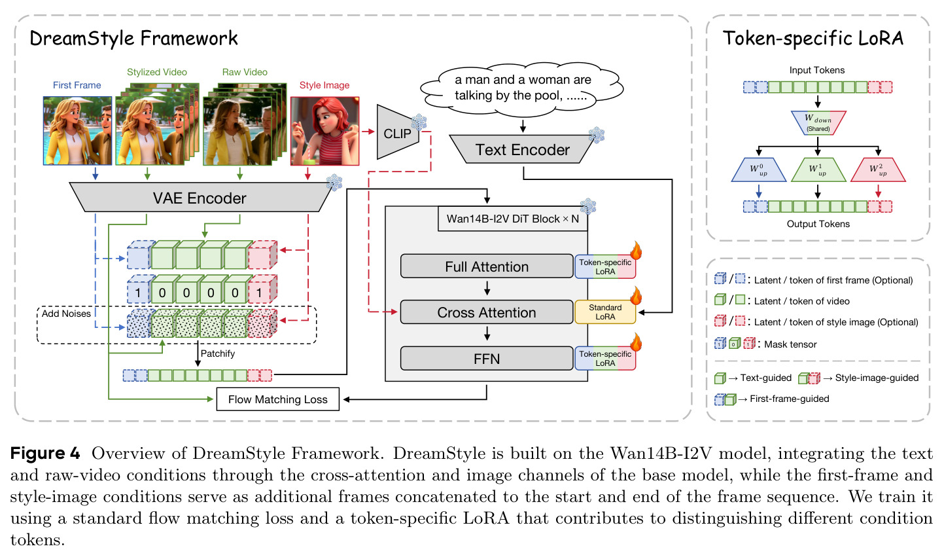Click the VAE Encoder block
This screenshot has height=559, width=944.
tap(200, 197)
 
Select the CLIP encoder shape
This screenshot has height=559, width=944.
tap(397, 132)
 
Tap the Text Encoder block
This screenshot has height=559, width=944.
tap(522, 149)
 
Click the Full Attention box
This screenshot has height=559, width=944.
tap(487, 266)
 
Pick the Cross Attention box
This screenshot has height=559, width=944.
tap(487, 312)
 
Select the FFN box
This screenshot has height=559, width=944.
tap(487, 358)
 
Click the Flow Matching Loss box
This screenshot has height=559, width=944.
tap(278, 399)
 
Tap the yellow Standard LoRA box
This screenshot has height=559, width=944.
tap(605, 312)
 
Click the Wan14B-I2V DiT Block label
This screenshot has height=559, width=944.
tap(512, 219)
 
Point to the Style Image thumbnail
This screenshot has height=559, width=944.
tap(325, 131)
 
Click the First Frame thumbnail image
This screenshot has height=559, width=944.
tap(78, 131)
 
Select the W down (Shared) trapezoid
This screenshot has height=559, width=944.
tap(818, 122)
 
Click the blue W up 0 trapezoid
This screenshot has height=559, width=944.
tap(759, 170)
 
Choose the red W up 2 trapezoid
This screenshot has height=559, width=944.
tap(878, 170)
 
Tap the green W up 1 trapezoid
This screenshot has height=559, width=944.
tap(818, 170)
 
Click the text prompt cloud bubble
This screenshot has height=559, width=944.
tap(522, 88)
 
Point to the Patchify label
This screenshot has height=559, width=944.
tap(217, 353)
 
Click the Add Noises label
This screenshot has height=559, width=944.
tap(66, 314)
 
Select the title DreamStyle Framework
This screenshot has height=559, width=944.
tap(133, 39)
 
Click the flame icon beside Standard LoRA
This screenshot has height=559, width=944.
tap(636, 295)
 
